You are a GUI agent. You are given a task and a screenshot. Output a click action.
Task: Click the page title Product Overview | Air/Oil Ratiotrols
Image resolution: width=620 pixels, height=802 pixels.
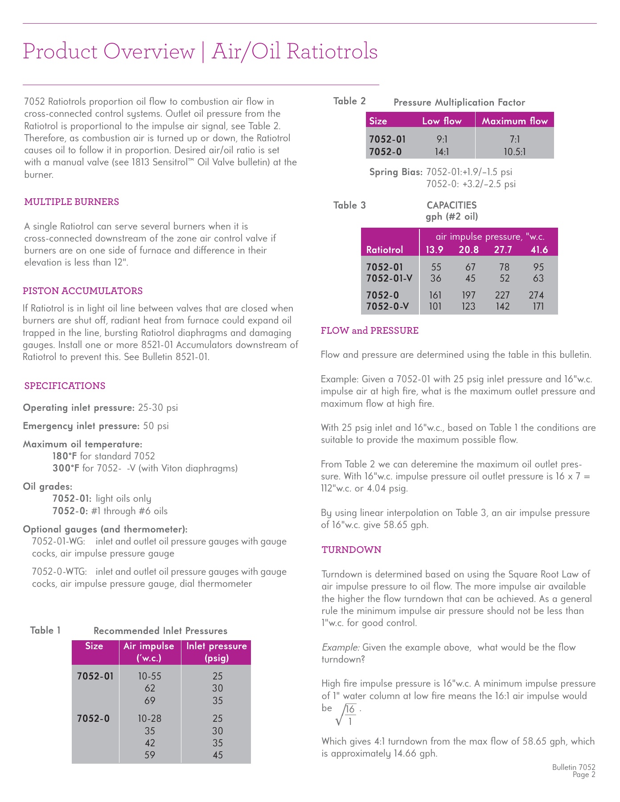[x=200, y=51]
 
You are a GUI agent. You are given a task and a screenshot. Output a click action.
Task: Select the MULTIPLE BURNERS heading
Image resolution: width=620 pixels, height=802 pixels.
[x=71, y=202]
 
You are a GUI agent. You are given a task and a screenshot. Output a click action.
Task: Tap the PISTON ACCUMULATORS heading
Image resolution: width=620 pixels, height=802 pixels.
[x=82, y=291]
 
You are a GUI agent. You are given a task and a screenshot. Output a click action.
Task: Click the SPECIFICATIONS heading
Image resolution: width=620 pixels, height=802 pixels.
[x=65, y=386]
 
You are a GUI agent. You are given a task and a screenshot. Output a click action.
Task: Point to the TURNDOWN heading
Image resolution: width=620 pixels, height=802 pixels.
[x=351, y=550]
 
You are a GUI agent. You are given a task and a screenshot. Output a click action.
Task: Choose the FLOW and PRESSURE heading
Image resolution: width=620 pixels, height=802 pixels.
[x=370, y=331]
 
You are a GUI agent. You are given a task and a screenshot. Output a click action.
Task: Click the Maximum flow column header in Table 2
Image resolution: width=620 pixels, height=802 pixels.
[x=514, y=121]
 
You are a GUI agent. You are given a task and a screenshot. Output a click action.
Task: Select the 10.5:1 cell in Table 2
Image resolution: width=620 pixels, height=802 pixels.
[x=514, y=152]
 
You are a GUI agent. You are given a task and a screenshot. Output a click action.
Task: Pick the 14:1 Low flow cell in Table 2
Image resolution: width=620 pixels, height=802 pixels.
[x=442, y=152]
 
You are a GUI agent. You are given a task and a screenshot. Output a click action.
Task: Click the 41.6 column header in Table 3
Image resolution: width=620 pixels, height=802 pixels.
[x=539, y=250]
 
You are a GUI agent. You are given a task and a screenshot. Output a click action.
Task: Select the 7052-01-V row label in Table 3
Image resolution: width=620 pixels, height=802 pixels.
[x=389, y=278]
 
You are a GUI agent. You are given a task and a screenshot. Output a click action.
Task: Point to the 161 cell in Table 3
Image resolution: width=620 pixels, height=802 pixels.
[x=435, y=295]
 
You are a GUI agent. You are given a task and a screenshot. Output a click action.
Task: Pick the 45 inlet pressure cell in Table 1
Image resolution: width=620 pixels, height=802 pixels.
[x=218, y=755]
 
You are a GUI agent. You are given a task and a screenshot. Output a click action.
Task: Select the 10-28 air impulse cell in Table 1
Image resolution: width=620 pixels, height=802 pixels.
[x=149, y=718]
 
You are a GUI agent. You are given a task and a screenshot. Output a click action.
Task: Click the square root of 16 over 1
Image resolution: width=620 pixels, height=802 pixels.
[x=346, y=714]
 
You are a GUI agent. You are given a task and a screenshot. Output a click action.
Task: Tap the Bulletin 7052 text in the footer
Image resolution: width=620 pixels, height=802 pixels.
[x=573, y=767]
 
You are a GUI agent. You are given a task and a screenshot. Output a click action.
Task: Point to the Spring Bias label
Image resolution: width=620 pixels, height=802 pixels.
[x=396, y=172]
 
